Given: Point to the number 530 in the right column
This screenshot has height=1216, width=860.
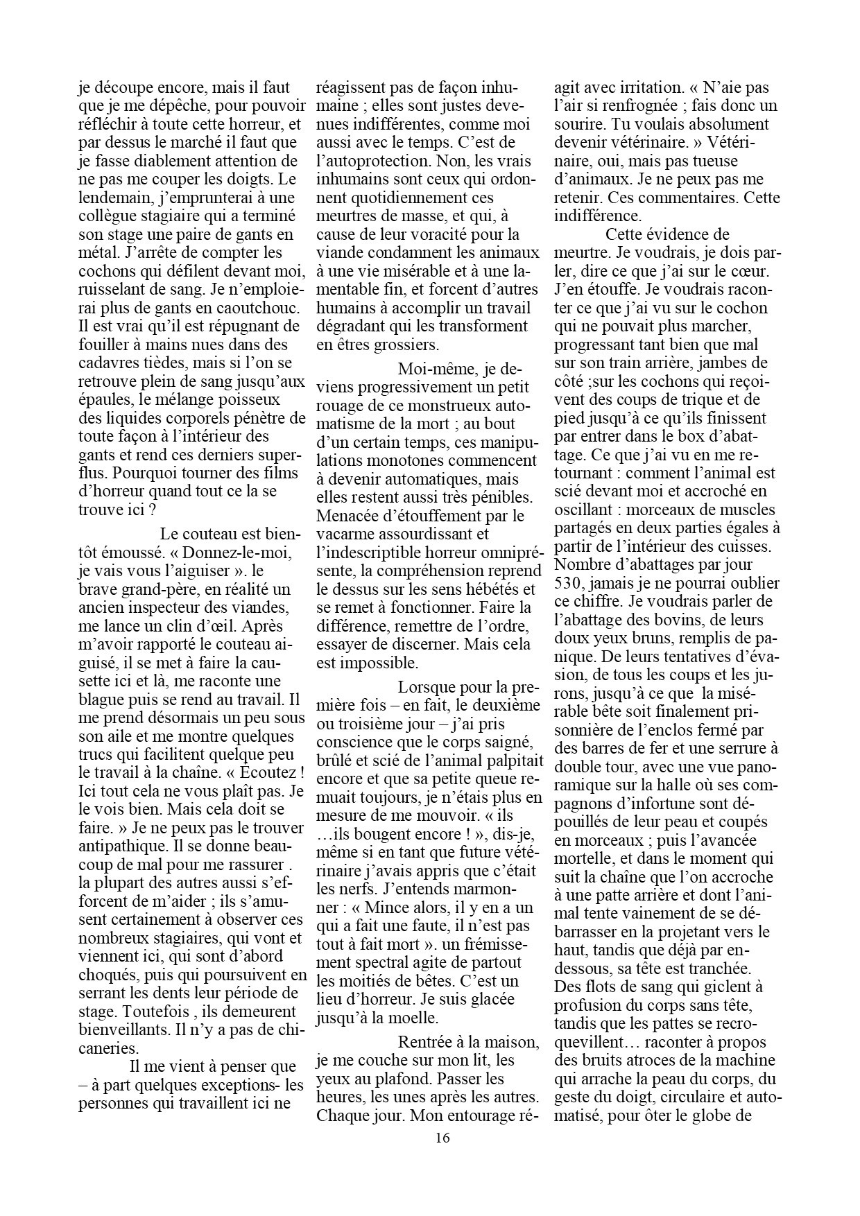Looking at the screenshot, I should pos(568,583).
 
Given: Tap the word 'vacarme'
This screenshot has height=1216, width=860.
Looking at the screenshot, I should pos(345,534).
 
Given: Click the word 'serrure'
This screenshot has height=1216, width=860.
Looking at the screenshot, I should pos(745,749).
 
